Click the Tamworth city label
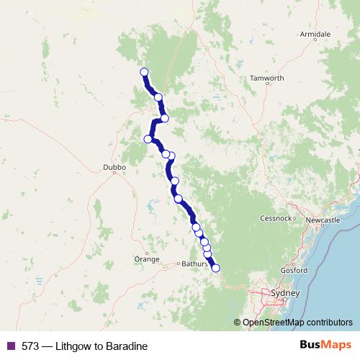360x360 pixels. coord(266,78)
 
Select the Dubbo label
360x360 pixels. coord(115,167)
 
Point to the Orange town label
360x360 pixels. coord(146,258)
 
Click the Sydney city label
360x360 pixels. coord(282,293)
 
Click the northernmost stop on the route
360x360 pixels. coord(144,72)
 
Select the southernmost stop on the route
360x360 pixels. coord(215,269)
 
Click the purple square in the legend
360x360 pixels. coord(10,346)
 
